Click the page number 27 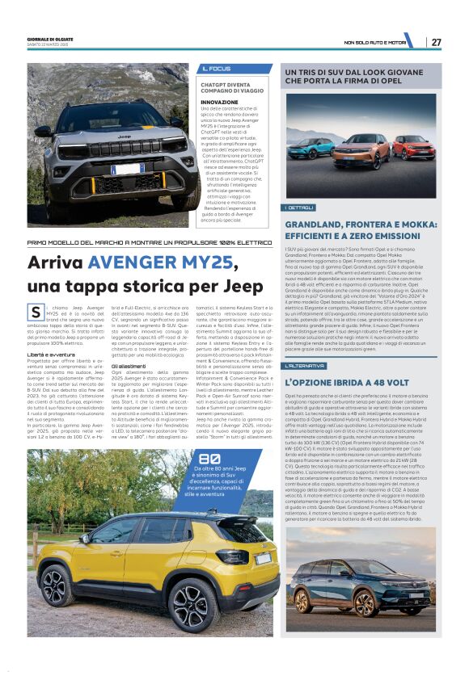[436, 41]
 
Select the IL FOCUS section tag [216, 69]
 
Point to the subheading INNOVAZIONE [219, 103]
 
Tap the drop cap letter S [35, 312]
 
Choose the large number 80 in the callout [209, 458]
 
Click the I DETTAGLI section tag [298, 208]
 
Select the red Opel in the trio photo [413, 147]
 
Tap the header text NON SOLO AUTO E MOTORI [374, 42]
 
